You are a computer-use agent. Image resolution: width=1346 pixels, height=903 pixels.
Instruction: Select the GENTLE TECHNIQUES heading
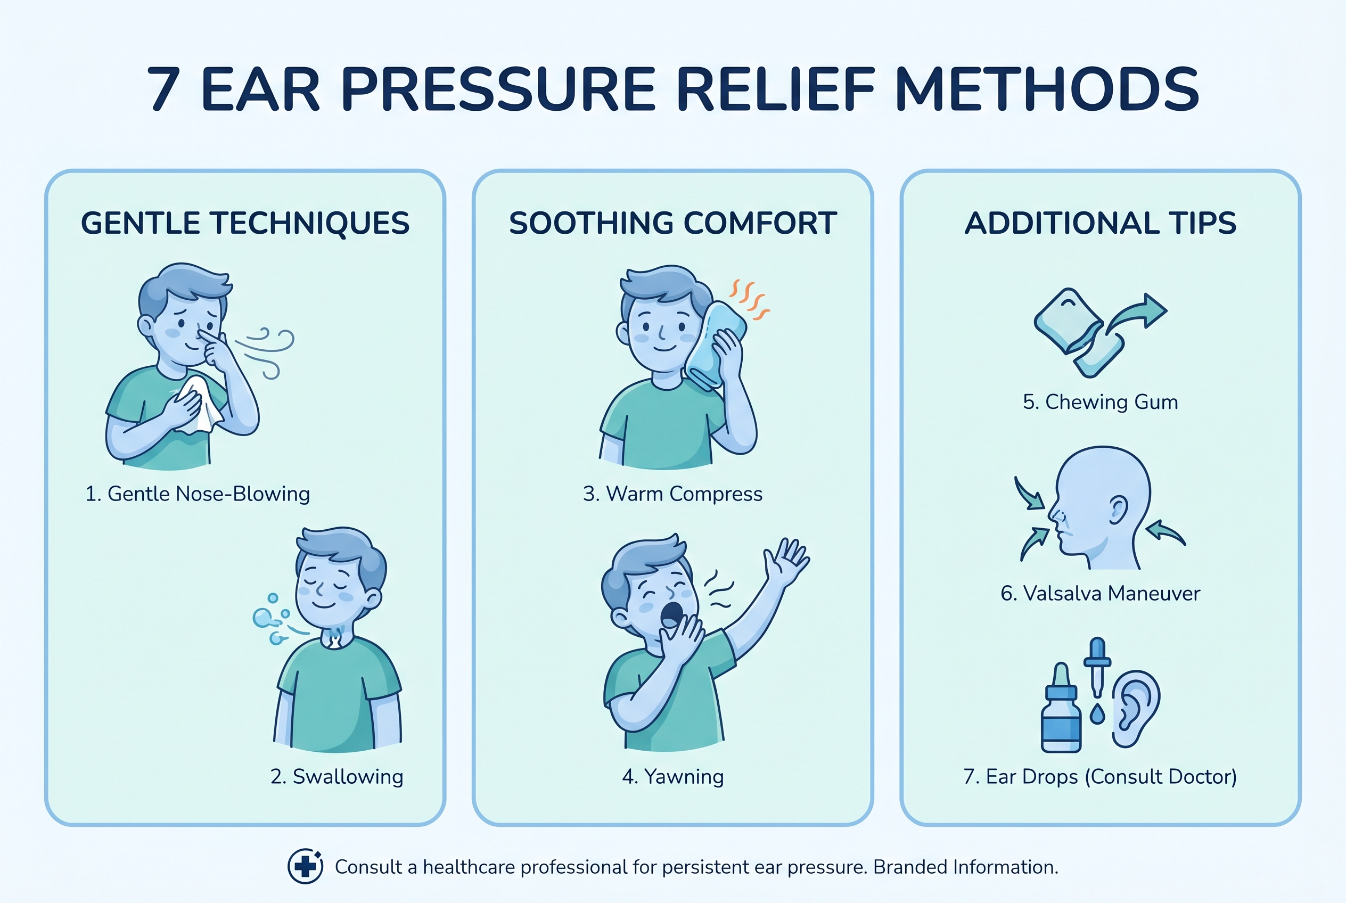[245, 223]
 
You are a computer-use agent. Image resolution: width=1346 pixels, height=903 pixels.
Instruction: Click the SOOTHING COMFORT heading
[672, 223]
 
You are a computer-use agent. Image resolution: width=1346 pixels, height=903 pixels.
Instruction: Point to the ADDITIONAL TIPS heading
[1101, 223]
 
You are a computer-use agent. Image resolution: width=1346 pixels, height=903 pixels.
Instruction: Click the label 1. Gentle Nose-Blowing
[198, 494]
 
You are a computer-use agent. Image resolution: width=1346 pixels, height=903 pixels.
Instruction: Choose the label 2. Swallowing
[337, 776]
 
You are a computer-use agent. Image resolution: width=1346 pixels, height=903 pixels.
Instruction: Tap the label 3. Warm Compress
[672, 494]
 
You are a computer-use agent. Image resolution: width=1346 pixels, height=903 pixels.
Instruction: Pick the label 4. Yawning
[672, 776]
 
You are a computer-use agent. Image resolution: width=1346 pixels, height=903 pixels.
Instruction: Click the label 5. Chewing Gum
[1101, 401]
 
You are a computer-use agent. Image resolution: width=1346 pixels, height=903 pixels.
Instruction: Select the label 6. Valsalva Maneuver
[1101, 593]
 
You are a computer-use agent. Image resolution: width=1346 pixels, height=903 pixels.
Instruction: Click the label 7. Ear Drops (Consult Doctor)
[1100, 776]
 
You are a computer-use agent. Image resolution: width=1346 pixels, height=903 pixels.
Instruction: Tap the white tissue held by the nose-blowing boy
[199, 405]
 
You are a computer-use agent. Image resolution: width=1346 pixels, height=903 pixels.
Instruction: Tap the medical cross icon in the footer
[305, 866]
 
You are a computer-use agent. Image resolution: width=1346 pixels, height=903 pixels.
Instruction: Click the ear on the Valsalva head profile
[1119, 510]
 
